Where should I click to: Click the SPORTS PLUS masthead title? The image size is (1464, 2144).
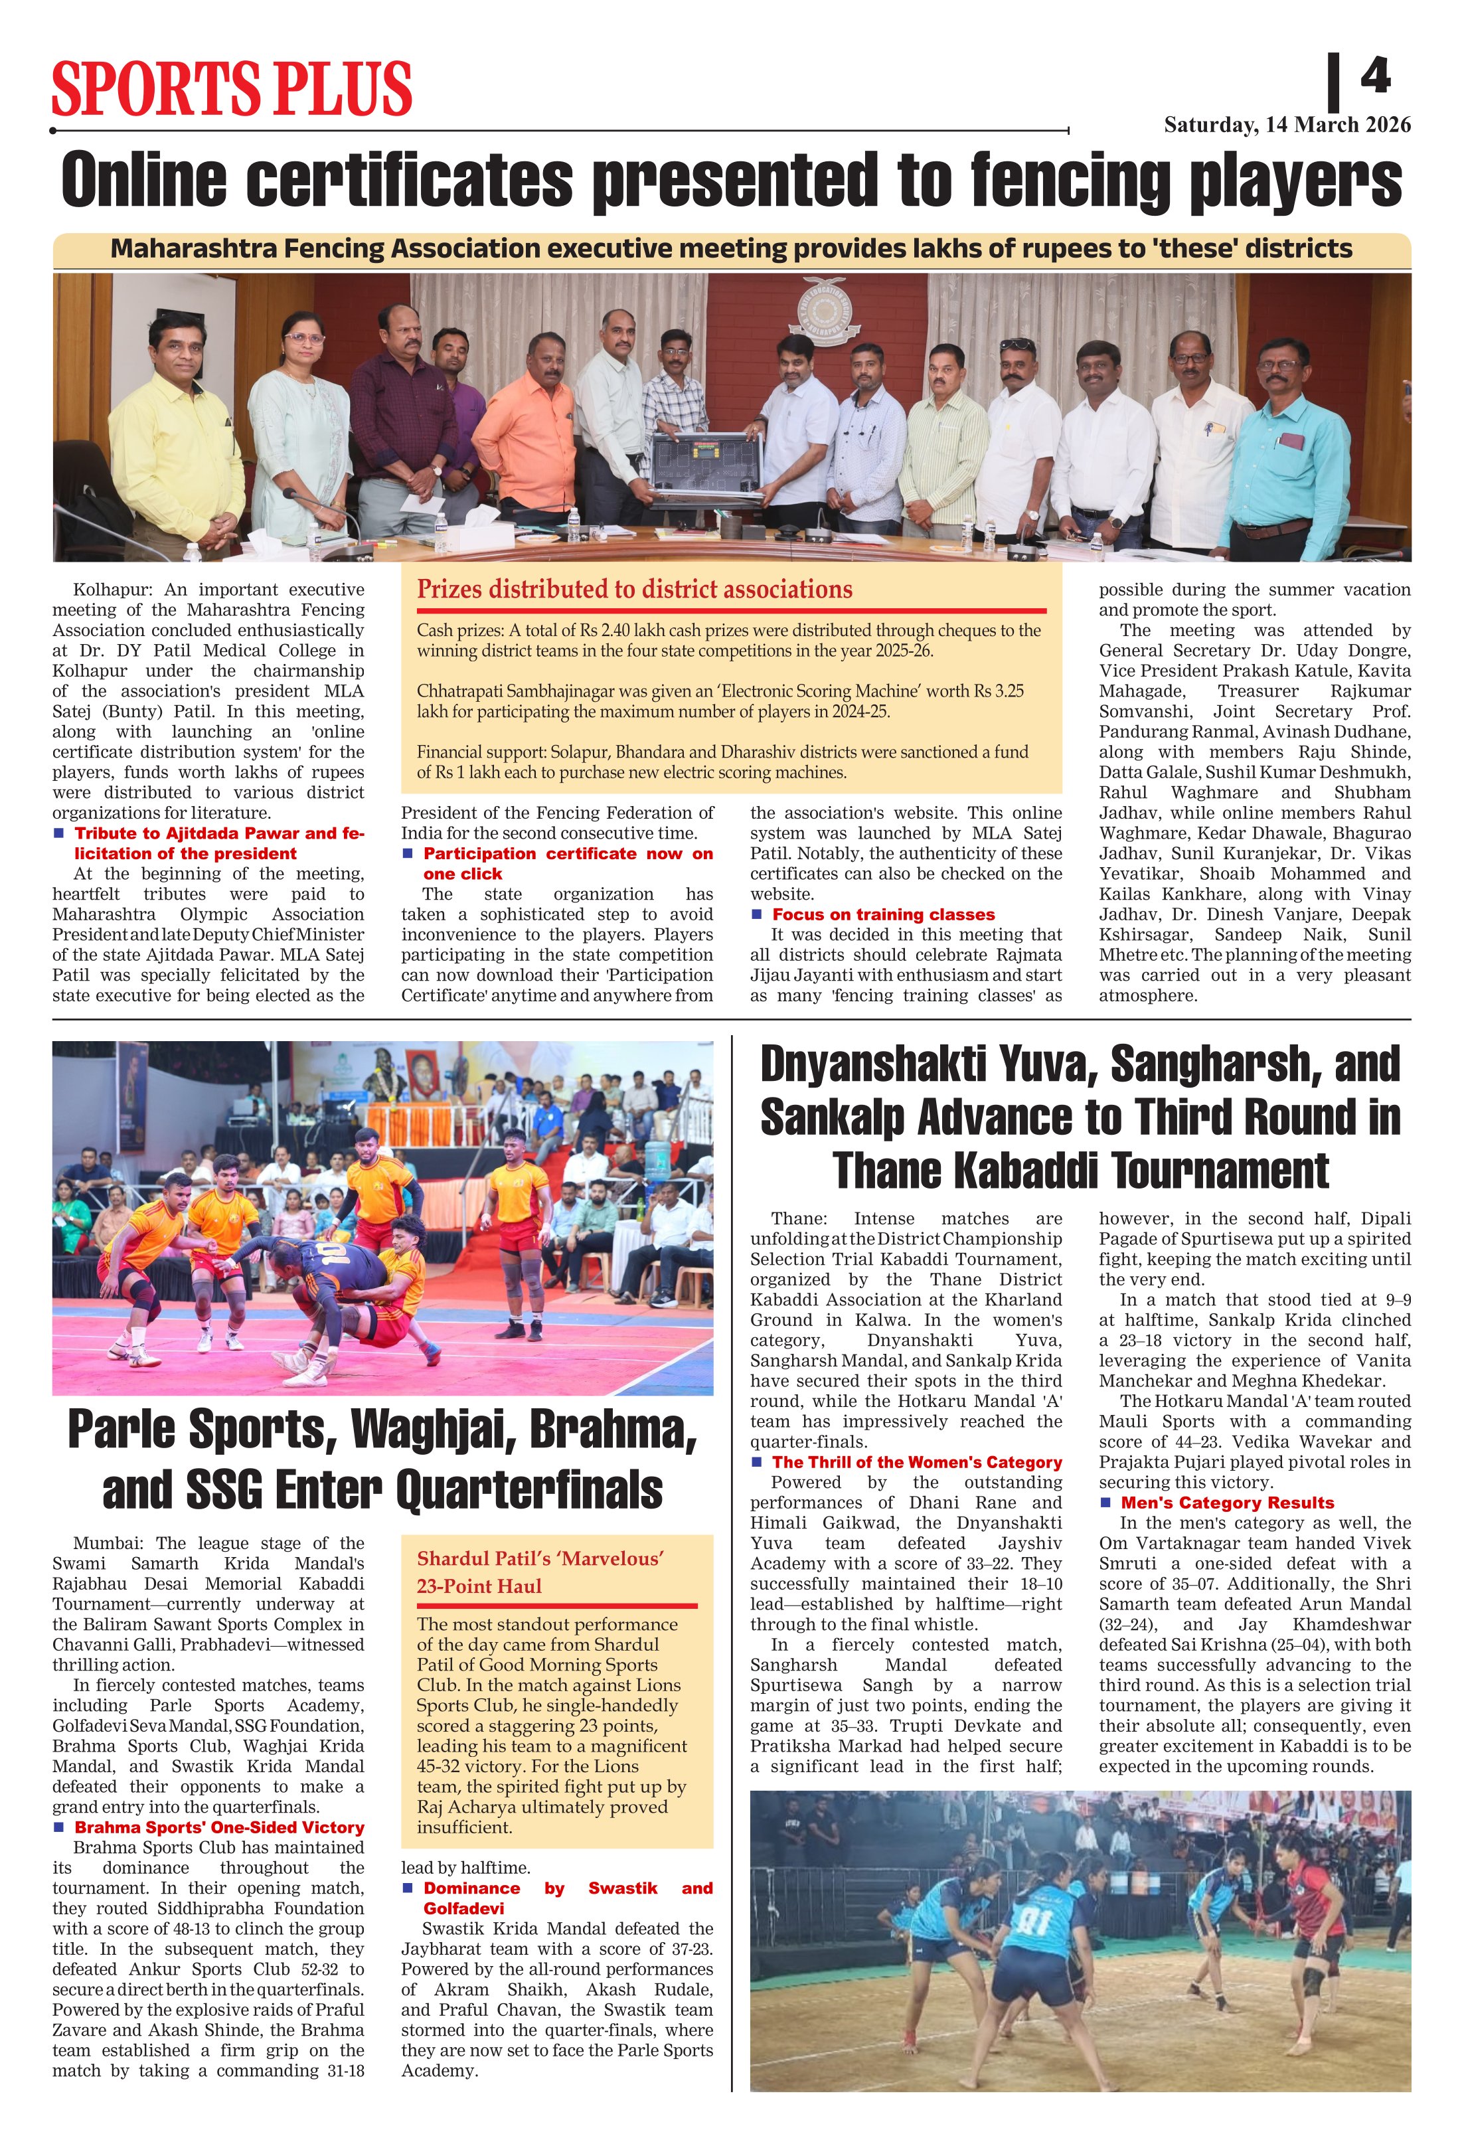232,88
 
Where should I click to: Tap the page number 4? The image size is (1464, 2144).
1374,76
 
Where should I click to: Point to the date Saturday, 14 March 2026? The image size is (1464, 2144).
1287,125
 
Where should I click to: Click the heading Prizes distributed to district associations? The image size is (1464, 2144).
635,590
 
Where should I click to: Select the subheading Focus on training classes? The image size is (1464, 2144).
883,914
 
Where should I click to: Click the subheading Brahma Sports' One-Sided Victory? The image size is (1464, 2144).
218,1827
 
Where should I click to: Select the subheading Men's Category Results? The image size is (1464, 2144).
1227,1503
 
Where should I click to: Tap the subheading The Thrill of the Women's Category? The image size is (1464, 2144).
916,1462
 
